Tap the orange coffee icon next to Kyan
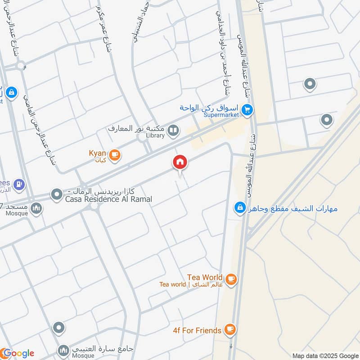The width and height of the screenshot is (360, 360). pos(115,155)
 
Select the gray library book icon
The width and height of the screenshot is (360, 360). pos(173,131)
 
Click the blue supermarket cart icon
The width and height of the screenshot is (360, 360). pos(247,109)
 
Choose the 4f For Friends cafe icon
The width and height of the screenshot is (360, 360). pos(229,330)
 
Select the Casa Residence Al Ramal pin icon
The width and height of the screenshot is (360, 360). pos(57,195)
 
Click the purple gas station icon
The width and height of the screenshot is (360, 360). pos(19,184)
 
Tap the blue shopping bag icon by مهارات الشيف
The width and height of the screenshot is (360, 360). pos(240,208)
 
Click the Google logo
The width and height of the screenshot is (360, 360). pos(18,353)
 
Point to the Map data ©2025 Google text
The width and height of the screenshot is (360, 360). pos(325,355)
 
